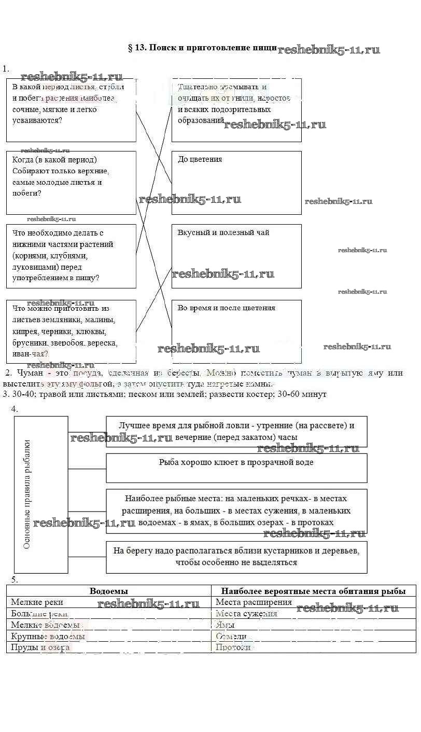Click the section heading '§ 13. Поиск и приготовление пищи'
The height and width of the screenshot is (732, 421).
[x=202, y=48]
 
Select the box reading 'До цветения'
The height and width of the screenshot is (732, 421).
[x=236, y=182]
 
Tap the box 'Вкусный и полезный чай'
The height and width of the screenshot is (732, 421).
[x=236, y=256]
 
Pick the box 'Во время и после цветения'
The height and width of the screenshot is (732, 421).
[x=236, y=331]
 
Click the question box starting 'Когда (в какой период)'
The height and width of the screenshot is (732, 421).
[x=71, y=182]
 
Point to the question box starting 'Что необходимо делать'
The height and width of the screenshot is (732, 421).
[x=71, y=256]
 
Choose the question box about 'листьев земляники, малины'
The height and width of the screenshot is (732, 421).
[x=71, y=331]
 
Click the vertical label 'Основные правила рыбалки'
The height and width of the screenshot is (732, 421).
[x=27, y=494]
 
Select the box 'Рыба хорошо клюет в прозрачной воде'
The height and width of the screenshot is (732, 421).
[x=236, y=467]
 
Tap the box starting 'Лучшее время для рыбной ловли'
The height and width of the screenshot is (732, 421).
[x=236, y=431]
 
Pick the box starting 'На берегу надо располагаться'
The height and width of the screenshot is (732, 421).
[x=236, y=557]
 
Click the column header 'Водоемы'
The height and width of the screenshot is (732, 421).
[x=109, y=591]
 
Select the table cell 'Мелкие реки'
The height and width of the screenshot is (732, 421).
[x=37, y=602]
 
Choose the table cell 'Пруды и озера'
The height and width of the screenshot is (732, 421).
[x=40, y=647]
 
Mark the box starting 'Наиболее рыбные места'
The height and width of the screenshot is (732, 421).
[x=236, y=511]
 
